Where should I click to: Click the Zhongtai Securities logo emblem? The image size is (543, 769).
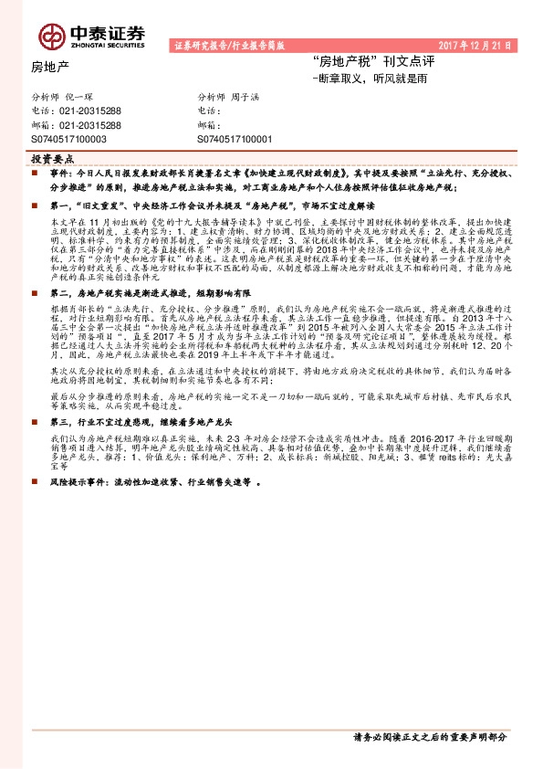pyautogui.click(x=49, y=35)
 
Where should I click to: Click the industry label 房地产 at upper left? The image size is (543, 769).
pyautogui.click(x=50, y=66)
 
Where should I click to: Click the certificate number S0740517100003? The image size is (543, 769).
pyautogui.click(x=69, y=139)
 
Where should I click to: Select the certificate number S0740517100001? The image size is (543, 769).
pyautogui.click(x=235, y=139)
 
